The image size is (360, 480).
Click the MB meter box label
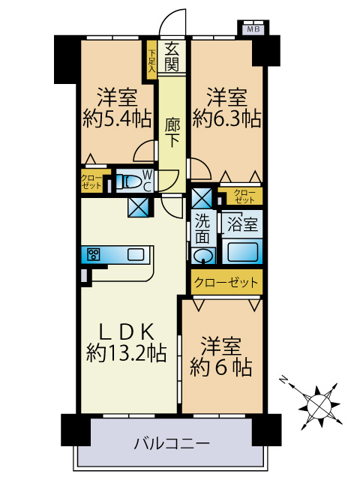tap(253, 29)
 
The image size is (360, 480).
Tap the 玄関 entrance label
tap(172, 56)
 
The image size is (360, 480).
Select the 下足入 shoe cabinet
tap(151, 59)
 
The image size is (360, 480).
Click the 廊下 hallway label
tap(172, 128)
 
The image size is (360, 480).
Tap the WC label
tap(147, 181)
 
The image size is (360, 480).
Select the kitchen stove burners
tap(94, 254)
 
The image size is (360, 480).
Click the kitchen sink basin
tap(135, 254)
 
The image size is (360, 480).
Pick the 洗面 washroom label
tap(202, 227)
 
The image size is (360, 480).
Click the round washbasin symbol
tap(202, 256)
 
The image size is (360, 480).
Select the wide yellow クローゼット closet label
tap(225, 282)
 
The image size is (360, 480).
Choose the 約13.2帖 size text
tap(126, 352)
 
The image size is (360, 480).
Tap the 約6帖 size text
tap(220, 367)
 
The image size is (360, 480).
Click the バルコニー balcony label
tap(172, 442)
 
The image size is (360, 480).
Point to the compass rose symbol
tap(320, 404)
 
